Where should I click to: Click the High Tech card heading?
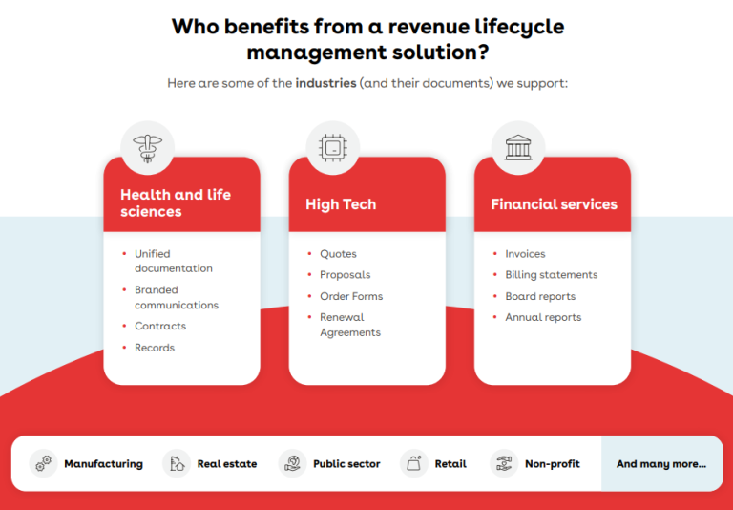click(x=341, y=204)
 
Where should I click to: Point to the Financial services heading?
click(x=554, y=204)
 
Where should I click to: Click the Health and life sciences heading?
click(x=176, y=202)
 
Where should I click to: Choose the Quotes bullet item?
click(x=338, y=254)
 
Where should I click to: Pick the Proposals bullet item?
click(x=345, y=275)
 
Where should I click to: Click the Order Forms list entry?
click(x=351, y=296)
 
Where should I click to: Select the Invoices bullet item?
click(x=525, y=254)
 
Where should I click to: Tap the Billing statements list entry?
click(x=551, y=275)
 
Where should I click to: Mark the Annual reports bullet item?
click(x=543, y=317)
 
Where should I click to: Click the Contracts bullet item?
click(x=160, y=327)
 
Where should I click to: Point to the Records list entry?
click(x=155, y=348)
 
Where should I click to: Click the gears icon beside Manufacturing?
click(x=44, y=464)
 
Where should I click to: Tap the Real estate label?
click(x=227, y=464)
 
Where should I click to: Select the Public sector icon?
click(x=292, y=464)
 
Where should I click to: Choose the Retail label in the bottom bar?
click(x=450, y=464)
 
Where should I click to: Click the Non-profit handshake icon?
click(x=504, y=464)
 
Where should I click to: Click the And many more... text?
click(x=661, y=464)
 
